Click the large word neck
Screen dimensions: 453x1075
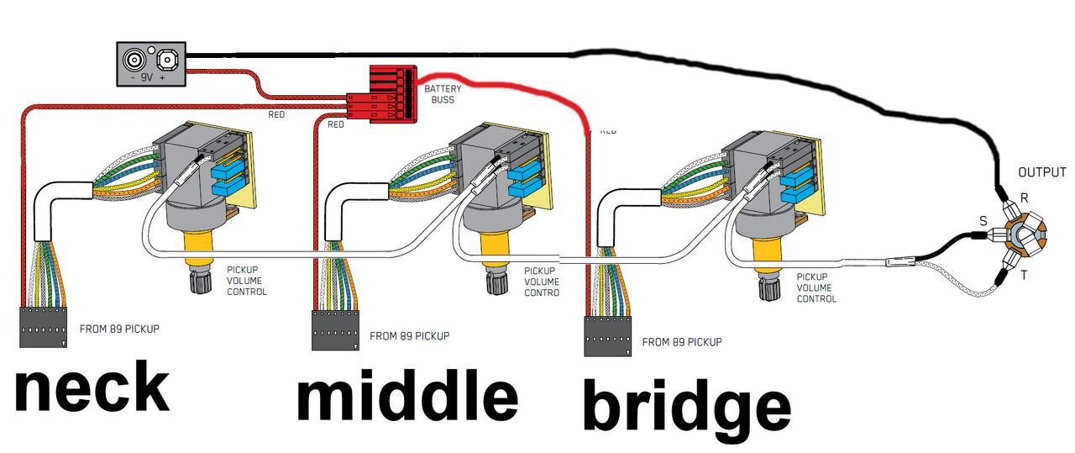pos(92,388)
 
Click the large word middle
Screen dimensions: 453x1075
pos(406,398)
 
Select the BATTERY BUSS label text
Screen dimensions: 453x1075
pos(442,94)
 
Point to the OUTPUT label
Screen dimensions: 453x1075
pos(1041,173)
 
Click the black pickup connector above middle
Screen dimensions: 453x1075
pos(337,330)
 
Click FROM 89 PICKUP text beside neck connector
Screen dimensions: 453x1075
pos(118,329)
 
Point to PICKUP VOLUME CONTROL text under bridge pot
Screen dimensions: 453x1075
pos(815,287)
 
